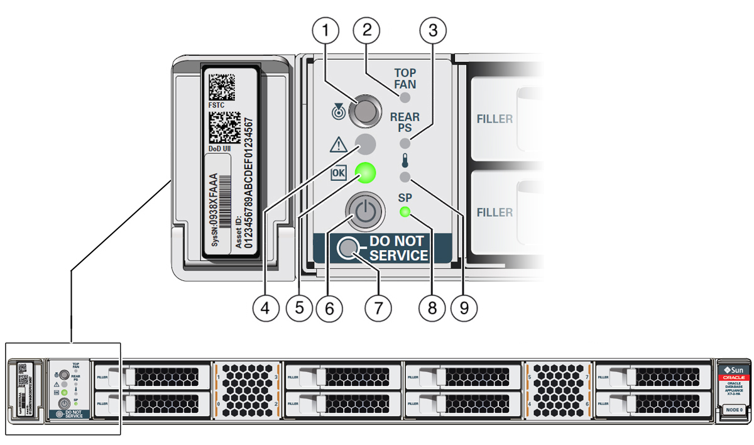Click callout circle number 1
click(326, 29)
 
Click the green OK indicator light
click(366, 173)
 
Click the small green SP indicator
click(405, 212)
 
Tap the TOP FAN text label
click(405, 78)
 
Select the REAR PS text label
click(405, 122)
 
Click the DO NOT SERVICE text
click(398, 248)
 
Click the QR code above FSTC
click(222, 86)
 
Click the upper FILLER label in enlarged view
click(494, 119)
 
